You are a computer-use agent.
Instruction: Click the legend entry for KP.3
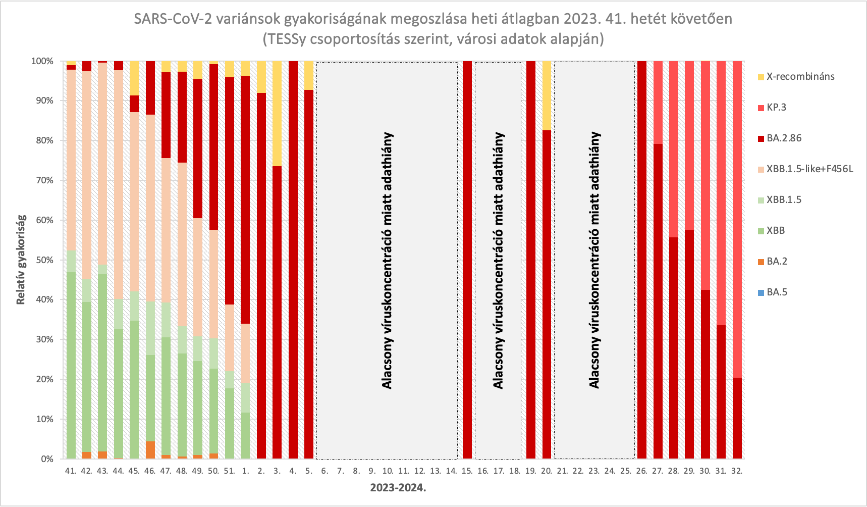776,108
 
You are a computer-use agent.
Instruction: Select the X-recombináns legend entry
800,77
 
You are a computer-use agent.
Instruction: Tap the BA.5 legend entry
777,292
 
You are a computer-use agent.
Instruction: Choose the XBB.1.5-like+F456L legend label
809,169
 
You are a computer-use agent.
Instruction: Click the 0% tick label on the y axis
46,459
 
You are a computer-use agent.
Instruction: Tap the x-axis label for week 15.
467,471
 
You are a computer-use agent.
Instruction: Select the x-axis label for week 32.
737,471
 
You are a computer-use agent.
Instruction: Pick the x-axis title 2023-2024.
398,488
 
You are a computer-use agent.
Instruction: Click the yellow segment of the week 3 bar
277,114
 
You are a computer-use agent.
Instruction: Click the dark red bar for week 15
467,260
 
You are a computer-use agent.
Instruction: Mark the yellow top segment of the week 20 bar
547,95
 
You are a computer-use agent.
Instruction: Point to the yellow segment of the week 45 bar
134,78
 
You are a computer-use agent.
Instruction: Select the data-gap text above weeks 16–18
499,261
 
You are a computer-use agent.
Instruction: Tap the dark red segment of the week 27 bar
658,301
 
